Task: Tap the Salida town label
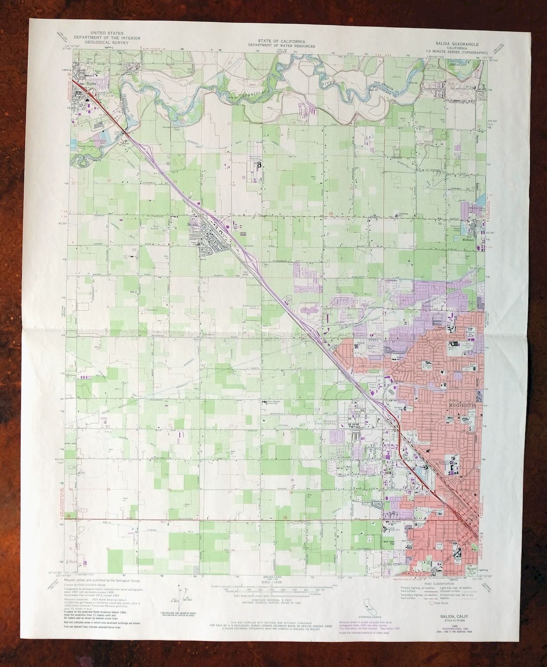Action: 193,225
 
